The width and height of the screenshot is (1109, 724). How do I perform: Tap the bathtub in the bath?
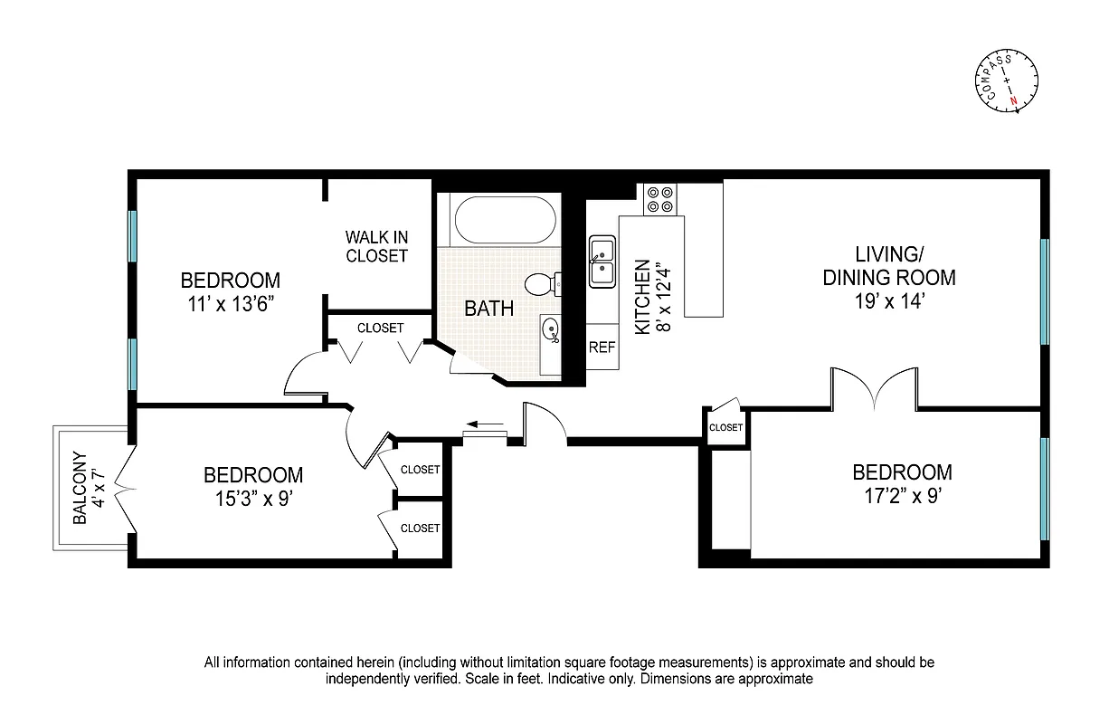[x=502, y=220]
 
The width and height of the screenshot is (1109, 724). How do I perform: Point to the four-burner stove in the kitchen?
[x=660, y=199]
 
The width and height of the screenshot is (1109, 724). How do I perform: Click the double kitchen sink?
[x=602, y=261]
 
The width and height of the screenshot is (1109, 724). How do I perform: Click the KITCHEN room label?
[x=642, y=298]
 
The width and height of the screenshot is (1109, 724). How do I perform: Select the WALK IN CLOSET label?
[x=376, y=246]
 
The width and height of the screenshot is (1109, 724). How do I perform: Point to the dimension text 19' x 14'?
[x=888, y=303]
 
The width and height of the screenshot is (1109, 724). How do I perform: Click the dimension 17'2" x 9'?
[x=902, y=496]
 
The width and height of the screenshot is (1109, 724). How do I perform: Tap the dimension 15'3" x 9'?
[x=252, y=499]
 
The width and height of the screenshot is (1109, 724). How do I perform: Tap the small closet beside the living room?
[x=725, y=427]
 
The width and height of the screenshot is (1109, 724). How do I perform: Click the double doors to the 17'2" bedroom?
[x=874, y=389]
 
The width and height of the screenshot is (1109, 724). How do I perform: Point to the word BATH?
[x=489, y=309]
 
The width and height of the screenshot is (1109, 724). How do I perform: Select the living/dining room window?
[x=1044, y=291]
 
